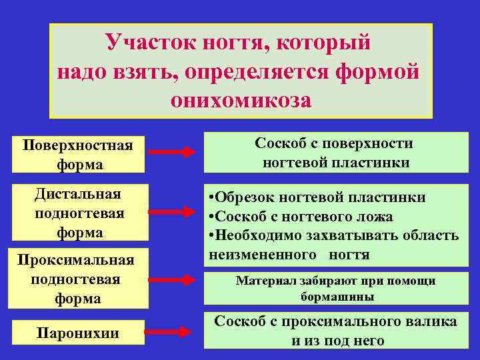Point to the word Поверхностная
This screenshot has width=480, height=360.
point(77,145)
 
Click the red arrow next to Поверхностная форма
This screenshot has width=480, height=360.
point(171,153)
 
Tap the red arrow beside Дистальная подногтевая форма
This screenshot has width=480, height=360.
point(171,212)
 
